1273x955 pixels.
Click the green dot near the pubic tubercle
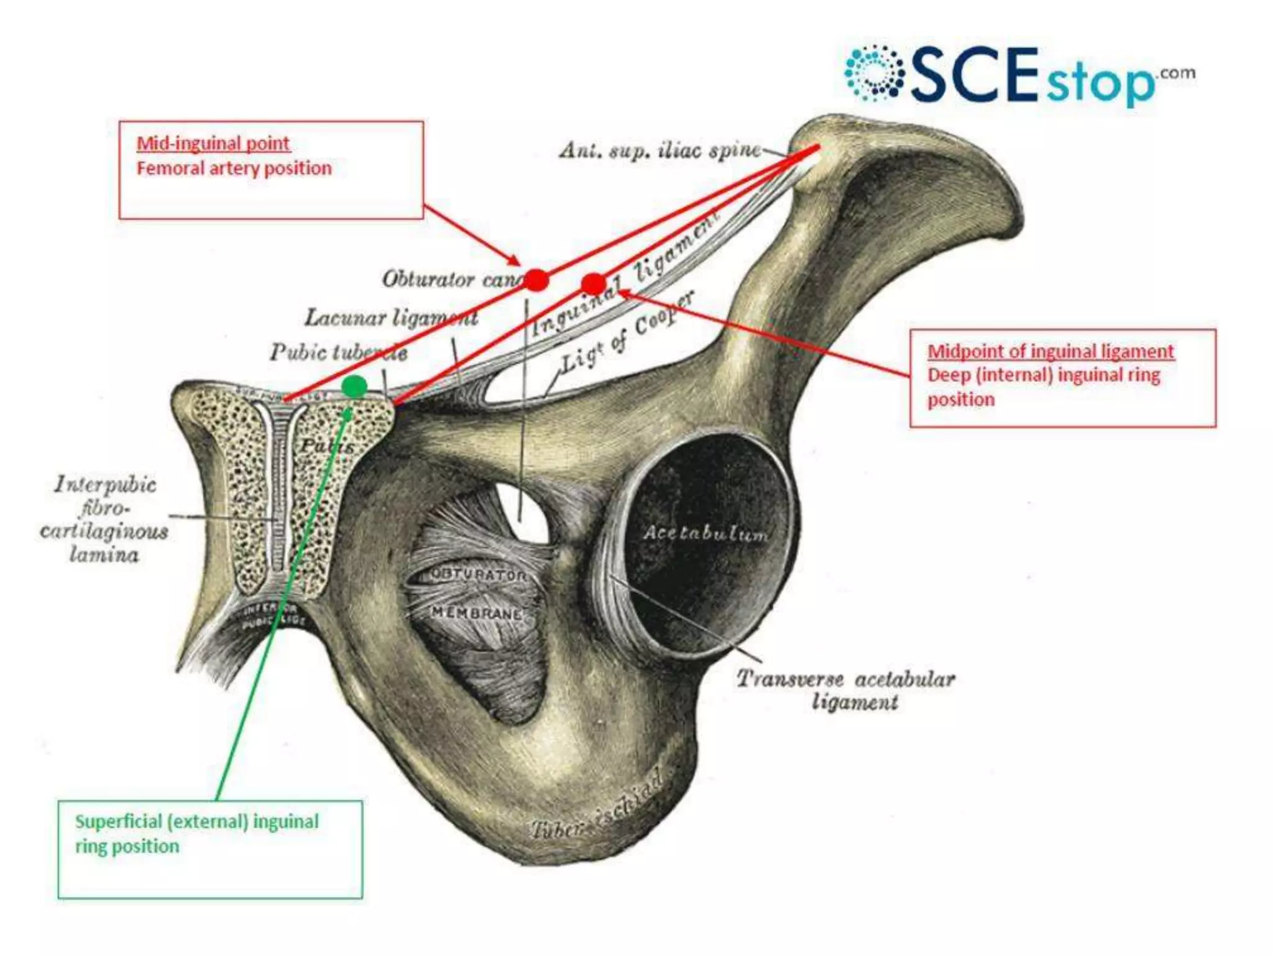click(355, 387)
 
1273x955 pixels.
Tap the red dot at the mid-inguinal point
click(536, 280)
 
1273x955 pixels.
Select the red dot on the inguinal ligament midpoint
click(593, 284)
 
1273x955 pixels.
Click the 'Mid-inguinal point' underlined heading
click(213, 144)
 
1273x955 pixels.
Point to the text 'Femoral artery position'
click(234, 168)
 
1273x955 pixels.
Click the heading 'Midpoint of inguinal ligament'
click(1050, 351)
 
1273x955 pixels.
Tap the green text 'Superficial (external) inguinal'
click(196, 822)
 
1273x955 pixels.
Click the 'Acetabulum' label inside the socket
click(705, 533)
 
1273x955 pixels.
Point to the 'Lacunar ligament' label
click(391, 318)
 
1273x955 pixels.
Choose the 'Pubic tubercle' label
click(338, 353)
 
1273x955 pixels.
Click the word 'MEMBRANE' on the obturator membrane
click(477, 613)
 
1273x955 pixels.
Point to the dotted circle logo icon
click(874, 73)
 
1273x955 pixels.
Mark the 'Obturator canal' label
click(451, 280)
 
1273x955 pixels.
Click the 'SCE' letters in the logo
click(973, 75)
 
